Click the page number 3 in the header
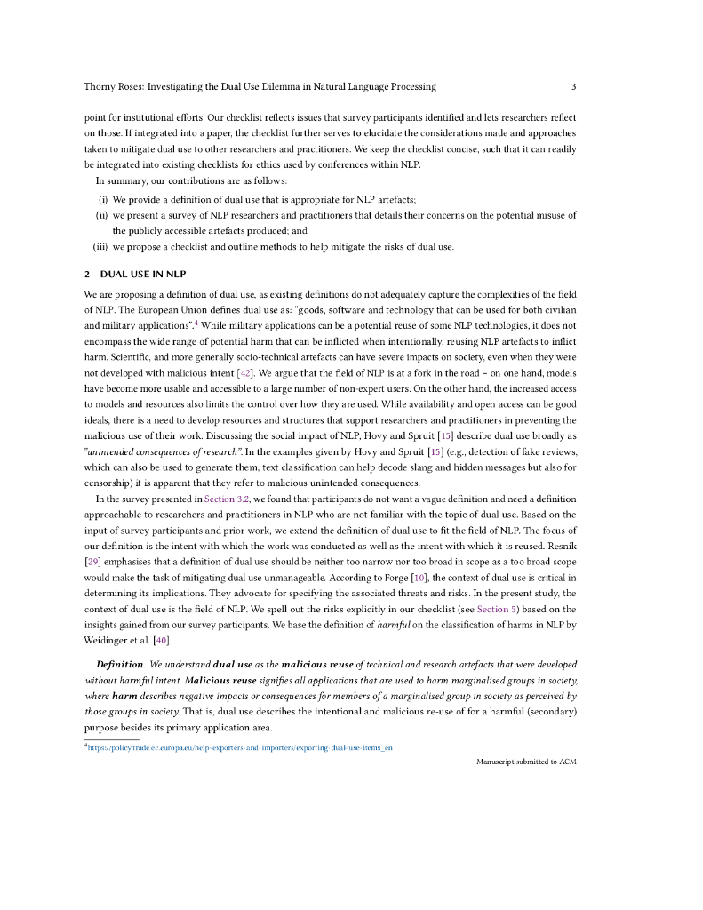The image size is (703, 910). click(x=574, y=86)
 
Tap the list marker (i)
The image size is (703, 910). click(x=102, y=197)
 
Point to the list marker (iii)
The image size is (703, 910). click(x=100, y=246)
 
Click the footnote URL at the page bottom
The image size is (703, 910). click(x=241, y=747)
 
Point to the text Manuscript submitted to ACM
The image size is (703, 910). click(x=526, y=762)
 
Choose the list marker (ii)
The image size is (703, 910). click(x=101, y=214)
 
